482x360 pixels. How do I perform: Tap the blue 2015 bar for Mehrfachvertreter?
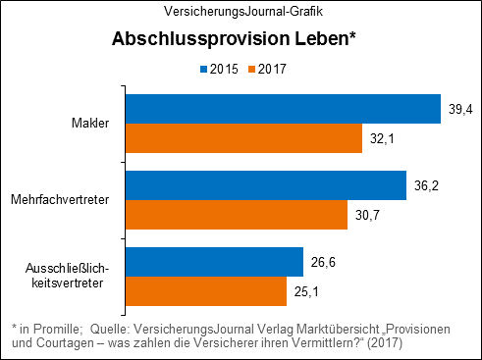pyautogui.click(x=265, y=185)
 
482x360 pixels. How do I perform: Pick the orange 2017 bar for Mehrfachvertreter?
pyautogui.click(x=236, y=215)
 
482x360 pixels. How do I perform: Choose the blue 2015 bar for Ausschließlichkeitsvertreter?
pyautogui.click(x=213, y=261)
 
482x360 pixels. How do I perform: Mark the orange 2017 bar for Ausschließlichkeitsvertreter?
pyautogui.click(x=205, y=290)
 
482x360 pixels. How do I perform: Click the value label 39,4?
pyautogui.click(x=460, y=108)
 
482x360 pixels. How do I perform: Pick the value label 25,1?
pyautogui.click(x=309, y=291)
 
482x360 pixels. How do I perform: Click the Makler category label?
pyautogui.click(x=89, y=124)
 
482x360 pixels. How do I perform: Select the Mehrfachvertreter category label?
pyautogui.click(x=59, y=200)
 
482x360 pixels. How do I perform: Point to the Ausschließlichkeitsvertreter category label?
pyautogui.click(x=71, y=276)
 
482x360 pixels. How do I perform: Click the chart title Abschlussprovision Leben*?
pyautogui.click(x=233, y=41)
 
